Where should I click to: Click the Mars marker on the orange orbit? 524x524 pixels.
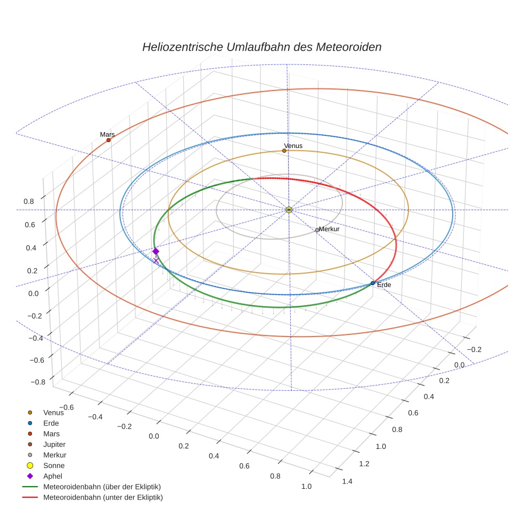pos(109,140)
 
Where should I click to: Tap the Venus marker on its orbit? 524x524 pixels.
pos(284,151)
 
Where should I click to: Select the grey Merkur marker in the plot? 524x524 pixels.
pos(317,230)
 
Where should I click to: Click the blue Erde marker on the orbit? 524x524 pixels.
pos(372,283)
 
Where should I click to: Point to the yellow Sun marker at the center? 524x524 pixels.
pos(289,210)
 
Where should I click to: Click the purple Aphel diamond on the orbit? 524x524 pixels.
pos(155,251)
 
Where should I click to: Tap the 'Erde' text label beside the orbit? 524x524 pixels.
pos(384,285)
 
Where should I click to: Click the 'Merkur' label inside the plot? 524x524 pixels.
pos(329,229)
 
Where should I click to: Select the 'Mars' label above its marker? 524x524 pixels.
pos(108,134)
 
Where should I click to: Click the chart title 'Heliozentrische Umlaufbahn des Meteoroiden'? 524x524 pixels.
pos(261,47)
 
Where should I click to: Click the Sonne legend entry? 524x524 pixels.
pos(54,465)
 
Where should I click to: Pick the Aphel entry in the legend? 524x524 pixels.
pos(52,476)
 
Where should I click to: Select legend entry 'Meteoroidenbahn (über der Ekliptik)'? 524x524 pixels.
pos(102,487)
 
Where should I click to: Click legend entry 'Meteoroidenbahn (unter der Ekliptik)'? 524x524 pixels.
pos(103,497)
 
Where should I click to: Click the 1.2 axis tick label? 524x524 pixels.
pos(364,464)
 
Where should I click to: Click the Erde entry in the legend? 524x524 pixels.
pos(51,423)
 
